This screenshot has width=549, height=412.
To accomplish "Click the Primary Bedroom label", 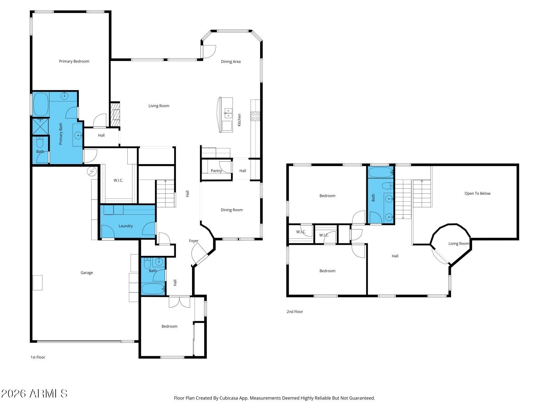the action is (74, 61).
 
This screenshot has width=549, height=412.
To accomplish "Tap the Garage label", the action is (87, 273).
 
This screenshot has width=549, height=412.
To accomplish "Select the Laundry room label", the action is (125, 226).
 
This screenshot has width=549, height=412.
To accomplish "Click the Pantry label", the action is (216, 171).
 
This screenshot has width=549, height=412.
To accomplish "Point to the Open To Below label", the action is (477, 193).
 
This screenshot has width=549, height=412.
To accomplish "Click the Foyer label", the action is (194, 241).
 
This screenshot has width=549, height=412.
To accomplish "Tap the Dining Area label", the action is (231, 61).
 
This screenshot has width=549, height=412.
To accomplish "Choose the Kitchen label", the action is (239, 120).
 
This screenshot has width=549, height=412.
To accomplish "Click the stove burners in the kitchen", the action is (255, 116).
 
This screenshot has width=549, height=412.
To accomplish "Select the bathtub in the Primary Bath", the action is (41, 104).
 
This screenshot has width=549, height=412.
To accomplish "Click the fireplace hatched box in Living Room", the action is (115, 114).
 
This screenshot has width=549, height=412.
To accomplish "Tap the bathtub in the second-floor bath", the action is (380, 172).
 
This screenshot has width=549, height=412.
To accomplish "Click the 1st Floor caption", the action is (38, 357).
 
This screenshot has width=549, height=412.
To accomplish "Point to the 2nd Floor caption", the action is (295, 312).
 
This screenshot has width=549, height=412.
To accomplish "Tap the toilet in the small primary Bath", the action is (40, 142).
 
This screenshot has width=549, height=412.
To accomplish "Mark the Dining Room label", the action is (232, 210).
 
